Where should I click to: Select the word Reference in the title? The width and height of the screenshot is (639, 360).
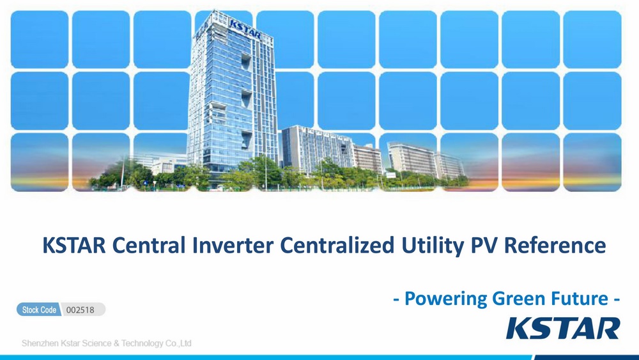[555, 245]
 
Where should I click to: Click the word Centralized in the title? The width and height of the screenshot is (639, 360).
[337, 245]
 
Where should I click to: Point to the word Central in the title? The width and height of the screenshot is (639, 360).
[149, 245]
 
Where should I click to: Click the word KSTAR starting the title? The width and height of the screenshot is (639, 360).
[74, 245]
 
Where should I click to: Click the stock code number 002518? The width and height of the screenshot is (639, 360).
[81, 310]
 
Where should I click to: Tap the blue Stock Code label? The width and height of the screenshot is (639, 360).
[39, 310]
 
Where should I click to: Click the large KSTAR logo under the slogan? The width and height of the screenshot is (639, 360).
[563, 329]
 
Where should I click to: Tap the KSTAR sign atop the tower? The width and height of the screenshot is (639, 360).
[245, 29]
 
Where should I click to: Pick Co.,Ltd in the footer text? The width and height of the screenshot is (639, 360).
[178, 343]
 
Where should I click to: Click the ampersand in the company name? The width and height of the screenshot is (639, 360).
[116, 343]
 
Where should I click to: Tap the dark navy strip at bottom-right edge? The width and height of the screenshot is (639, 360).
[587, 357]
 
